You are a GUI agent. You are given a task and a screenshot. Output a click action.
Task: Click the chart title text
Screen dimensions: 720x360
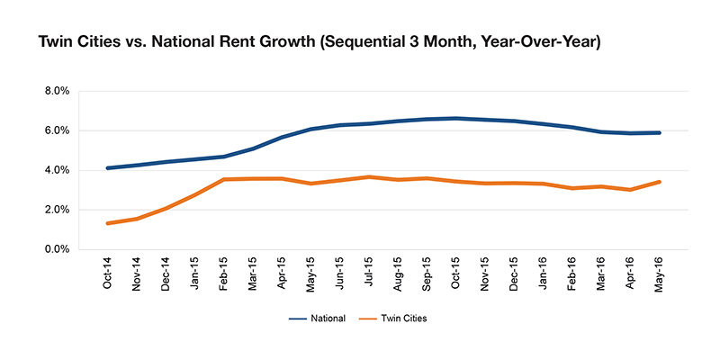[319, 43]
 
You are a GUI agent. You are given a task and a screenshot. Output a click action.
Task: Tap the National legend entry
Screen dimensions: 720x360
[317, 319]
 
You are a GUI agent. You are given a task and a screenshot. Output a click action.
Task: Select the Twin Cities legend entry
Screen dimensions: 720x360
[391, 319]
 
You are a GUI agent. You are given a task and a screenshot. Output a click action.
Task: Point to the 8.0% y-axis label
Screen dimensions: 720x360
[57, 91]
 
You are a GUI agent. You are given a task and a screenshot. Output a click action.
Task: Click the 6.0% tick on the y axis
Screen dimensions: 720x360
[57, 130]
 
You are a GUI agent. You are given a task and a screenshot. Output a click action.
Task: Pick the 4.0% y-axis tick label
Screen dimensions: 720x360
[57, 170]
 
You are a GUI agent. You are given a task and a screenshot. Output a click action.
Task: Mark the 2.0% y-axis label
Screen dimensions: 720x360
[57, 211]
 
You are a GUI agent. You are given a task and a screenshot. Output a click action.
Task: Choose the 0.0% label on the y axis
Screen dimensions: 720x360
[57, 250]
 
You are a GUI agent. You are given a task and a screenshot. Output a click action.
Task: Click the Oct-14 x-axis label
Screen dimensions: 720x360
[108, 275]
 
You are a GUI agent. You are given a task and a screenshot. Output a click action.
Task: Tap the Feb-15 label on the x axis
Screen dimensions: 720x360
[224, 275]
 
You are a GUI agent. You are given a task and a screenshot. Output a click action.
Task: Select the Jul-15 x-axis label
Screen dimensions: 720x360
[370, 276]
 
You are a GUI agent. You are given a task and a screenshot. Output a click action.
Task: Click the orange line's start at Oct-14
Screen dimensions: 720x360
[108, 223]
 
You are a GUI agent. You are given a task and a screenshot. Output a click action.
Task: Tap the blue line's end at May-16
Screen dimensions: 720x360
[660, 132]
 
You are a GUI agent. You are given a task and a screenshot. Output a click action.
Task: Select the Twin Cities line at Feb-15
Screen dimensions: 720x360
[224, 179]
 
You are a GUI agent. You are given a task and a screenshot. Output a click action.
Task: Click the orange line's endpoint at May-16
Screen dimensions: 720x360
[660, 182]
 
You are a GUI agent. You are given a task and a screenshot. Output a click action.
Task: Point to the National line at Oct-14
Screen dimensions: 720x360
[108, 168]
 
